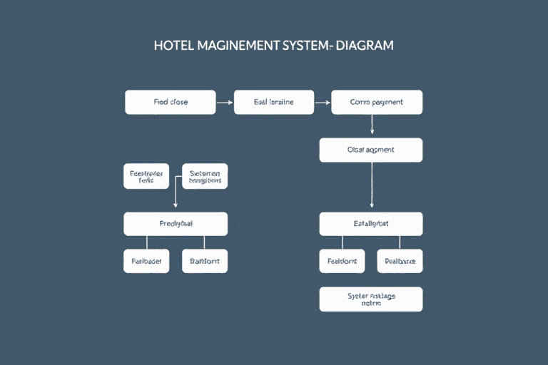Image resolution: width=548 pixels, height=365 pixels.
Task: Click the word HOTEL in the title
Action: coord(173,46)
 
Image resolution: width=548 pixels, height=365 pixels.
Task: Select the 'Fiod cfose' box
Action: coord(171,102)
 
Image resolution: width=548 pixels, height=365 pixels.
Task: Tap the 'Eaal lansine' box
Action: coord(273,102)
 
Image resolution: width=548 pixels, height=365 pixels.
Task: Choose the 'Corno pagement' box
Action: coord(376,102)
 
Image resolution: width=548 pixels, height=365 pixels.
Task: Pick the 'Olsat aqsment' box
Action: coord(370,150)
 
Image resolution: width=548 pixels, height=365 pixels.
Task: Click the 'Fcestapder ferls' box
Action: coord(146,176)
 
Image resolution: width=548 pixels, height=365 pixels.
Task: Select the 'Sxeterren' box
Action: coord(205,176)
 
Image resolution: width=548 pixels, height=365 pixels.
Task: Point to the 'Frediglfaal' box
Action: coord(176,224)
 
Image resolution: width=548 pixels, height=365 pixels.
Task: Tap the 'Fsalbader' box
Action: coord(146,261)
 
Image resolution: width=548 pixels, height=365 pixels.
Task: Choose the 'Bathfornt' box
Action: coord(205,261)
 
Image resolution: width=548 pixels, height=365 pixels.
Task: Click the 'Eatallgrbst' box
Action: coord(370,224)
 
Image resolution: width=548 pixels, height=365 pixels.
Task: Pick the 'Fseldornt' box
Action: coord(342,261)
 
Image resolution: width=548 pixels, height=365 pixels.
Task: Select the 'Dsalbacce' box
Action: coord(400,261)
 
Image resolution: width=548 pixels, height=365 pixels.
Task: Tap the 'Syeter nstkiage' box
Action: coord(370,299)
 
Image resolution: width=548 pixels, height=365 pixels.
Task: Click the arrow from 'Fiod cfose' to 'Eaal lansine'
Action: coord(225,102)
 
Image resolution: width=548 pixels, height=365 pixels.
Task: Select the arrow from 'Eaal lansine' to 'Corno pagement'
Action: coord(322,102)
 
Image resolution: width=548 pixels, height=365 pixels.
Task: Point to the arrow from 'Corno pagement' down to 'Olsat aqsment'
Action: coord(372,125)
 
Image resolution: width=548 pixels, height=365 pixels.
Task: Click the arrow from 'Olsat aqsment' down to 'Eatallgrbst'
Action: coord(372,187)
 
